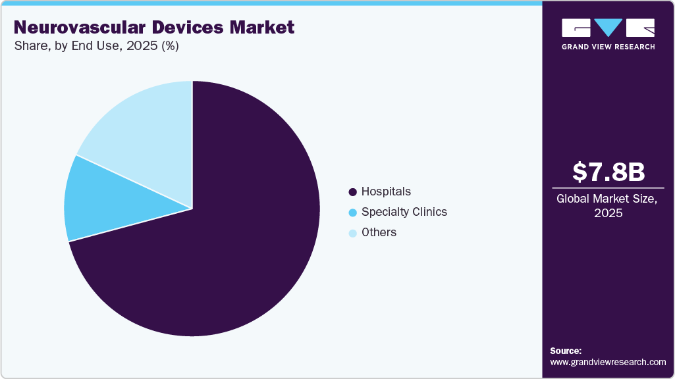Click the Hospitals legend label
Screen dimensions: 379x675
pyautogui.click(x=386, y=191)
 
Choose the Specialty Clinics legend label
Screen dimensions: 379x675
pyautogui.click(x=404, y=212)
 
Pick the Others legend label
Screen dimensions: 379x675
pyautogui.click(x=379, y=232)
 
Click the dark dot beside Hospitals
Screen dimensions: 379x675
pyautogui.click(x=353, y=192)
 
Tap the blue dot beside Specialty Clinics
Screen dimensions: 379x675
pyautogui.click(x=353, y=213)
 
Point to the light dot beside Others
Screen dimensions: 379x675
pyautogui.click(x=353, y=233)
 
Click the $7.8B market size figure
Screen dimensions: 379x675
pyautogui.click(x=608, y=172)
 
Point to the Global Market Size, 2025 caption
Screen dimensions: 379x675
pyautogui.click(x=608, y=206)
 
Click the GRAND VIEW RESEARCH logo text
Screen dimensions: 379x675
pyautogui.click(x=608, y=47)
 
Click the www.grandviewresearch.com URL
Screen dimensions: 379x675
pyautogui.click(x=608, y=362)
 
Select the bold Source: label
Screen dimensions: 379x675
pyautogui.click(x=566, y=351)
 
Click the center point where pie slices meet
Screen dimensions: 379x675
pyautogui.click(x=192, y=209)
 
